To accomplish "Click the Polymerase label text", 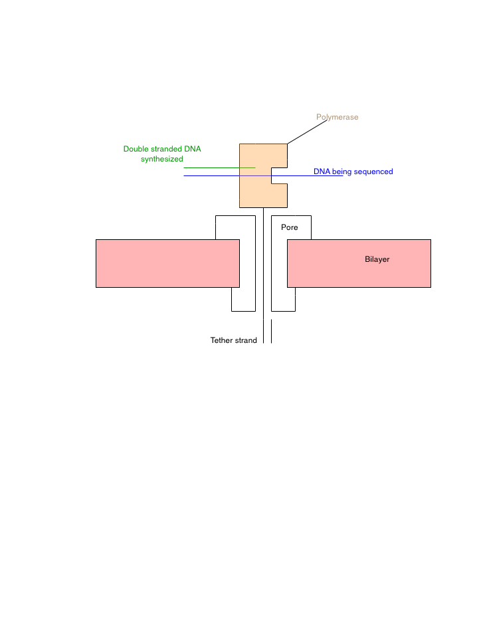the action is pos(337,117).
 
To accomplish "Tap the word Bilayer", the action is pos(377,259).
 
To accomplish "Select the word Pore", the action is pos(290,227).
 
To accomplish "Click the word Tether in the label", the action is pos(221,340).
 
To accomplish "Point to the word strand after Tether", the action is pos(246,340).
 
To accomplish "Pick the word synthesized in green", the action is pos(162,159).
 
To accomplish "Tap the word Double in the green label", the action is pos(136,149).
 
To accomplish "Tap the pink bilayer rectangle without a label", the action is pos(167,263).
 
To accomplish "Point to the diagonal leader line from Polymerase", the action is pos(307,132).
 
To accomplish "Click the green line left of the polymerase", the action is pos(219,167).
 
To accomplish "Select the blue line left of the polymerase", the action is pos(211,175).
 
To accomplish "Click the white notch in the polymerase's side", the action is pos(279,175).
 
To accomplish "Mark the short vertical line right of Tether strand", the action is pos(271,331).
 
